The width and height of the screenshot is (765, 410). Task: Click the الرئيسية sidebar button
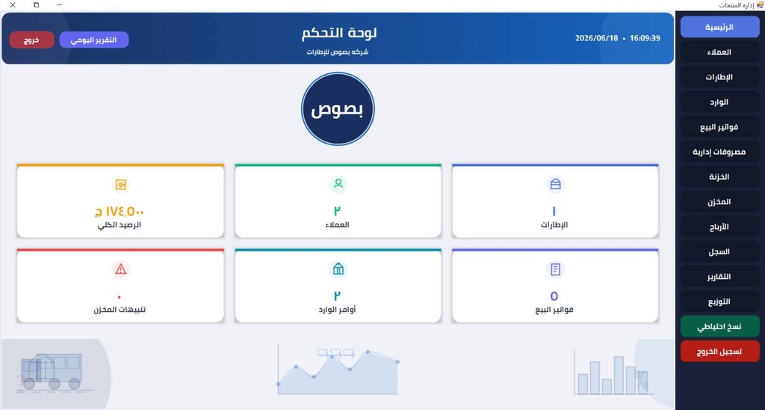719,27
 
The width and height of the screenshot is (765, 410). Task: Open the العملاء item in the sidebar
719,52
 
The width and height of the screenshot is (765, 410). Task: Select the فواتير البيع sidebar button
719,127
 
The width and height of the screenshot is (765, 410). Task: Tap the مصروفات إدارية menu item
719,152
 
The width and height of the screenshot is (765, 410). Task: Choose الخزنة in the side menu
719,177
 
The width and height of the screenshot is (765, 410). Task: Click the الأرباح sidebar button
719,227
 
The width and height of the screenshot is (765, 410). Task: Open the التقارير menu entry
719,277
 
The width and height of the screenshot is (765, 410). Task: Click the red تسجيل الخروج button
719,352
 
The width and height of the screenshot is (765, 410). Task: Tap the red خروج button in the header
31,40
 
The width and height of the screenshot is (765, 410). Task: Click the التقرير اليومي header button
94,40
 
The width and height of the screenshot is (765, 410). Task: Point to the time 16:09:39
645,38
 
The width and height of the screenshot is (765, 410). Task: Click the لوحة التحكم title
339,33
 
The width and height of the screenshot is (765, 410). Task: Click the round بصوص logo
338,109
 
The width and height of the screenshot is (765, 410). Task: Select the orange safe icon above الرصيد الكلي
120,184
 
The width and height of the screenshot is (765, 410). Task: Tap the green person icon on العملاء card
338,184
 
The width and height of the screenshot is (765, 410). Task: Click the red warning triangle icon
120,269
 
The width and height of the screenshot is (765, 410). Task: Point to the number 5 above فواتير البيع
554,296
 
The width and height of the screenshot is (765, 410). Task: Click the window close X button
13,5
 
